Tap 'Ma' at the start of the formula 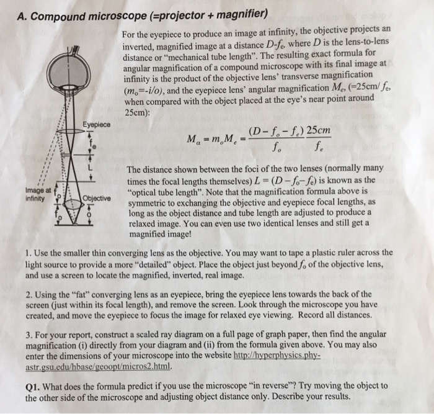[x=190, y=141]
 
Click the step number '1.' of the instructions [x=29, y=253]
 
